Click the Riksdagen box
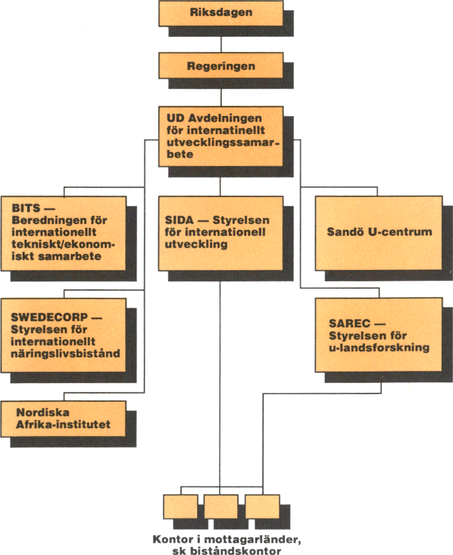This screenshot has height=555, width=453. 221,13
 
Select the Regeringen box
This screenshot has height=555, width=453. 221,65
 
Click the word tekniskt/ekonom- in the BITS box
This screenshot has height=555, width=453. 63,245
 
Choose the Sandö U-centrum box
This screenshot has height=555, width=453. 379,232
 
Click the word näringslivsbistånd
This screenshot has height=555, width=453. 65,353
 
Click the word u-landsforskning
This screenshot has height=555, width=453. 379,348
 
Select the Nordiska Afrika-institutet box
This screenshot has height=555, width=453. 63,418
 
